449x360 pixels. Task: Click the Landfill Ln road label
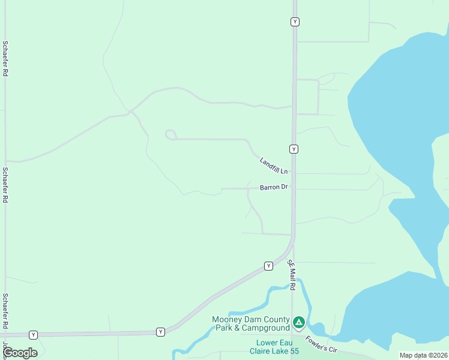click(274, 166)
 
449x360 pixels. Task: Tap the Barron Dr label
click(274, 187)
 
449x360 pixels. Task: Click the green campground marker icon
click(298, 323)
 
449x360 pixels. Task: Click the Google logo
click(20, 353)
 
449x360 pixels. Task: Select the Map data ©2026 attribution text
click(423, 355)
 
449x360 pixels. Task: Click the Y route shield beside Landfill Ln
click(294, 149)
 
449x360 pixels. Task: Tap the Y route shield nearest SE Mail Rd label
click(268, 266)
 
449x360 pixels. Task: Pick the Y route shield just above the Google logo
click(33, 334)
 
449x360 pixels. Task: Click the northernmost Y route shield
click(295, 22)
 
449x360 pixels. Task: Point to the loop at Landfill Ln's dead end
click(170, 134)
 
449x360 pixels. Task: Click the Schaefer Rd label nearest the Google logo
click(5, 311)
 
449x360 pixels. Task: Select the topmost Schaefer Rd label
click(5, 58)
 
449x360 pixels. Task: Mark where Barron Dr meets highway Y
click(293, 188)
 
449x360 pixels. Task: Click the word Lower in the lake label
click(262, 343)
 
